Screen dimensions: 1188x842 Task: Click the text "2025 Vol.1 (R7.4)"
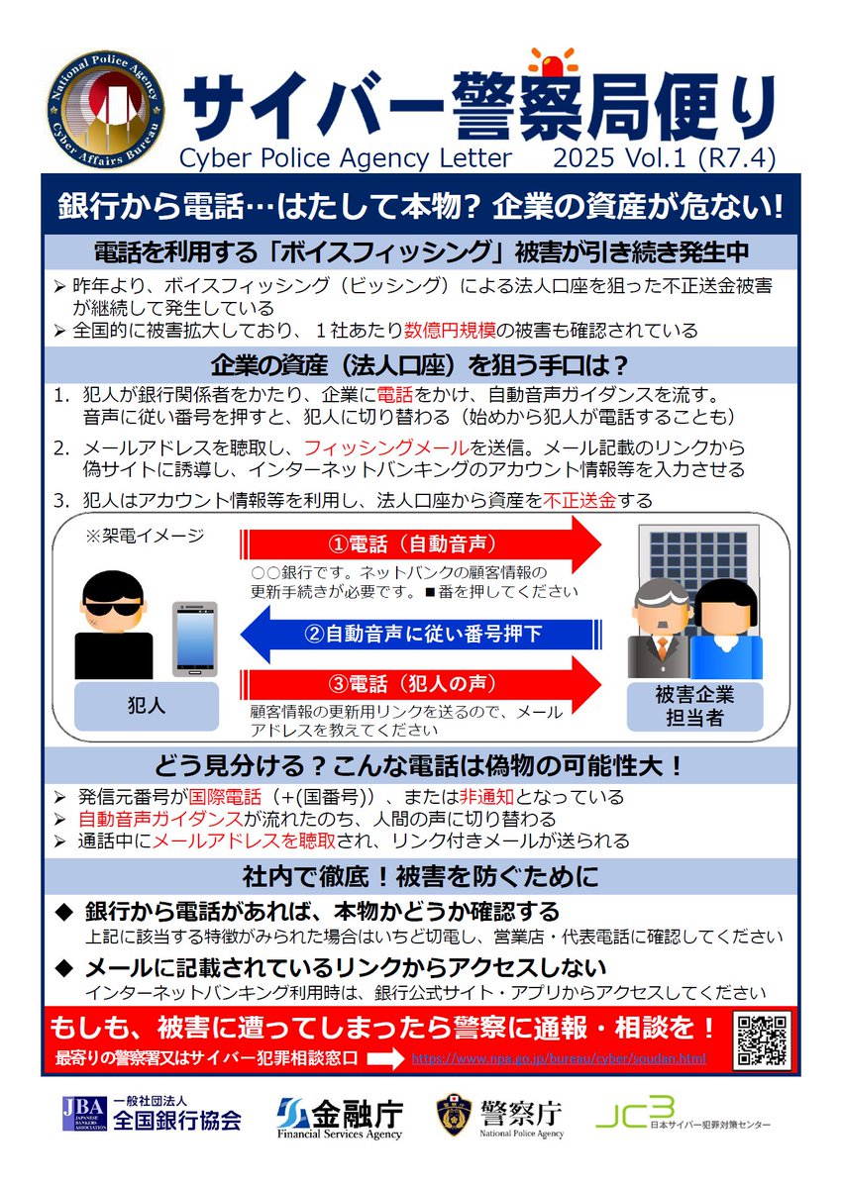(664, 157)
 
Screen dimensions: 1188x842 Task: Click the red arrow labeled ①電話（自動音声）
(421, 544)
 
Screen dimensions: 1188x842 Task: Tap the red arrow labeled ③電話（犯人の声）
(421, 682)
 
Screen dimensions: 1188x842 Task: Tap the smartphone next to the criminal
(194, 639)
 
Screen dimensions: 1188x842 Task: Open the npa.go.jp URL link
(559, 1058)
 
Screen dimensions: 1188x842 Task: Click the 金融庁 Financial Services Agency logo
(340, 1117)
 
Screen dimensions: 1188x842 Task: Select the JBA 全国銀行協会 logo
(152, 1116)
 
